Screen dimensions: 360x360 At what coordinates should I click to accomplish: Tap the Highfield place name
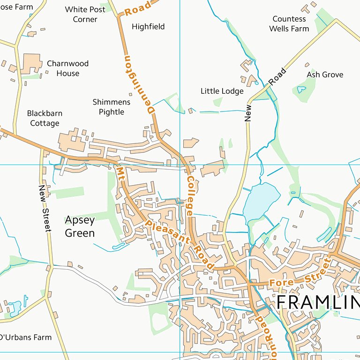click(148, 27)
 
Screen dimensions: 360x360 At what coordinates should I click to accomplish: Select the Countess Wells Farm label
click(289, 24)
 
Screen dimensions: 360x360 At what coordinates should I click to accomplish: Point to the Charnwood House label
click(67, 68)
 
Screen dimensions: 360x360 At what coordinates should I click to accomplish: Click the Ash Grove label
click(325, 75)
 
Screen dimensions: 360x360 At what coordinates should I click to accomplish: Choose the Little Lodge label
click(222, 91)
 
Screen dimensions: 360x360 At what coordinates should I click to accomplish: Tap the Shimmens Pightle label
click(108, 107)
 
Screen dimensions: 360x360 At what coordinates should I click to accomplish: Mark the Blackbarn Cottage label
click(45, 118)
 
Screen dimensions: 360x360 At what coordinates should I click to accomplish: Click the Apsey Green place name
click(80, 226)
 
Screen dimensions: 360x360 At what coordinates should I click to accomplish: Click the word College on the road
click(190, 196)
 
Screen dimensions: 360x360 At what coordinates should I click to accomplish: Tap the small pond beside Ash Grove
click(301, 89)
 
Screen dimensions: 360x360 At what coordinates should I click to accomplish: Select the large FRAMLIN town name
click(317, 302)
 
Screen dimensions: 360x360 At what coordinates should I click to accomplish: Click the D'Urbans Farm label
click(25, 337)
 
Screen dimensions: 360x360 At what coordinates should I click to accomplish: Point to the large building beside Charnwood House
click(31, 63)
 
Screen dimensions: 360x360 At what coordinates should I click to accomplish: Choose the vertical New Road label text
click(248, 112)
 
